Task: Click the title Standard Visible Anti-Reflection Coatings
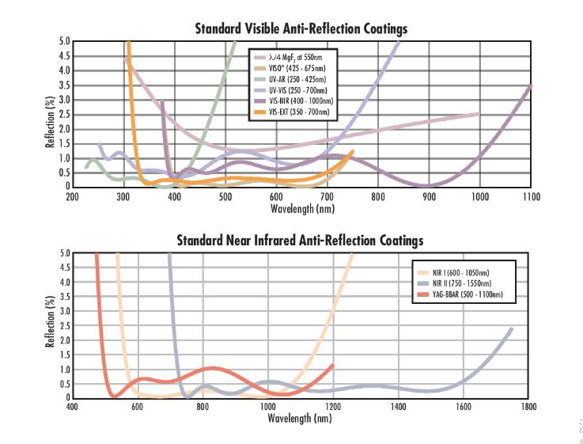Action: [x=301, y=29]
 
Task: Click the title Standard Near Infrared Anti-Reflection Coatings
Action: [x=300, y=240]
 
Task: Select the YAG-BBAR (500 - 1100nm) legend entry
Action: [x=469, y=294]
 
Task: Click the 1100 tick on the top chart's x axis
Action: [x=531, y=196]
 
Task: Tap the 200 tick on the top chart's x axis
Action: [x=72, y=196]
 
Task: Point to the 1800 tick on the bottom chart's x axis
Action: [x=528, y=407]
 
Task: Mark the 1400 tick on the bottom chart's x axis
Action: [x=398, y=407]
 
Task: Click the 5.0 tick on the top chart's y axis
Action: [x=64, y=41]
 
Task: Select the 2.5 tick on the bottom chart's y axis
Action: [x=64, y=325]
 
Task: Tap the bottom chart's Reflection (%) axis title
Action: [x=50, y=325]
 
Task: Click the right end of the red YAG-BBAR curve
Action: [x=332, y=365]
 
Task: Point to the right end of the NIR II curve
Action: [x=512, y=328]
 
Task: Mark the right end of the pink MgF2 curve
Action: [x=479, y=114]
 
